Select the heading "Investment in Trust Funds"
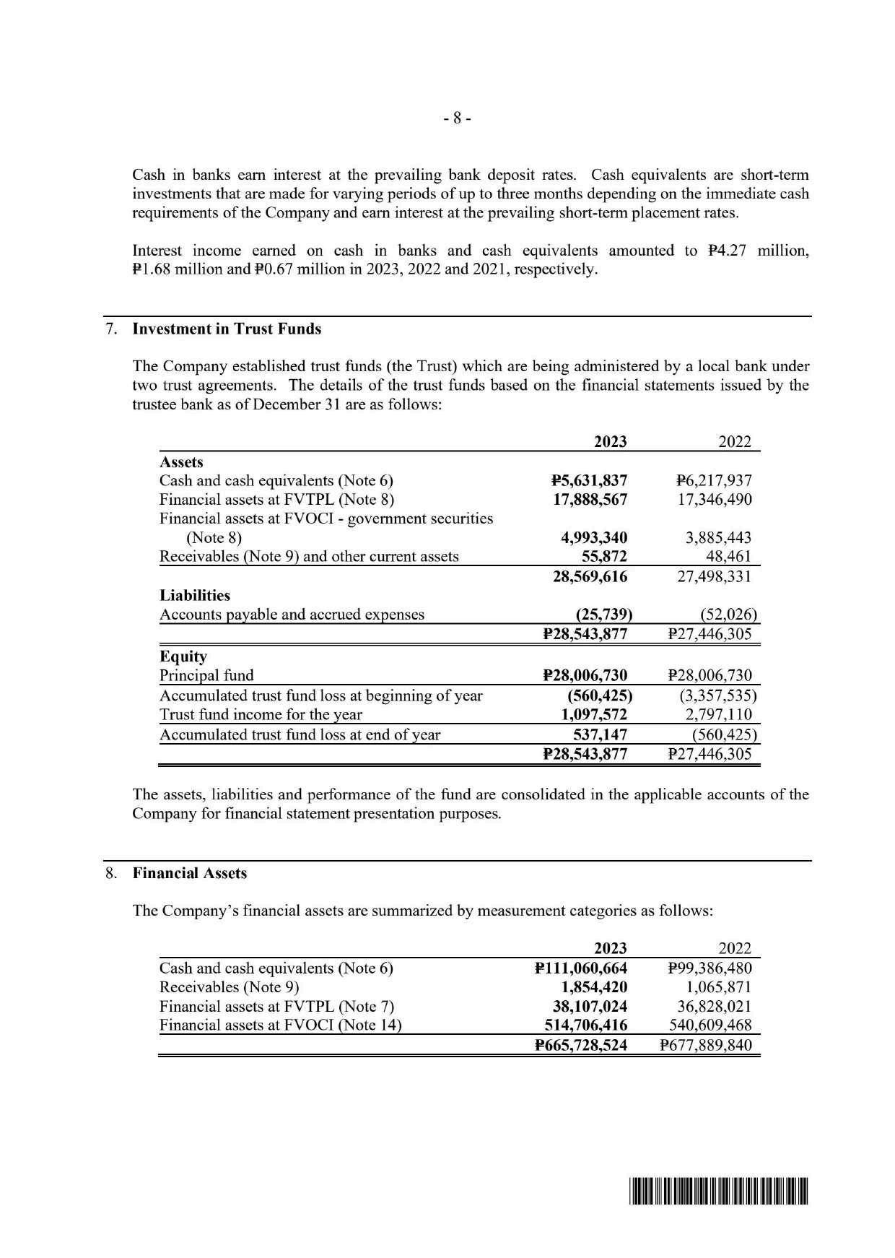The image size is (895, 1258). point(227,329)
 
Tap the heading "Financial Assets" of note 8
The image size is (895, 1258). point(190,873)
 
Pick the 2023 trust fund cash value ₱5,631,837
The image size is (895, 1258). point(588,481)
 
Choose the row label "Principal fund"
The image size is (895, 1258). point(206,676)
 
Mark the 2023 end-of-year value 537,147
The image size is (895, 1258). point(598,734)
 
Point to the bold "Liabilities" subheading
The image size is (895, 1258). point(195,596)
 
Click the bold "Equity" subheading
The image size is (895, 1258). point(183,656)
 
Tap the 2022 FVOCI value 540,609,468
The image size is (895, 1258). point(707,1025)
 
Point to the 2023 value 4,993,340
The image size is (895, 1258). point(594,538)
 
